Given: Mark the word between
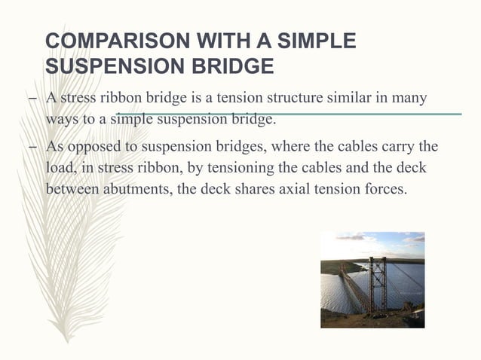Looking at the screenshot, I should point(78,188).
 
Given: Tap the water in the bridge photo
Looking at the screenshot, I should point(339,290).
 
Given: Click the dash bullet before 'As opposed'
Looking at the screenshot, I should point(35,146).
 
